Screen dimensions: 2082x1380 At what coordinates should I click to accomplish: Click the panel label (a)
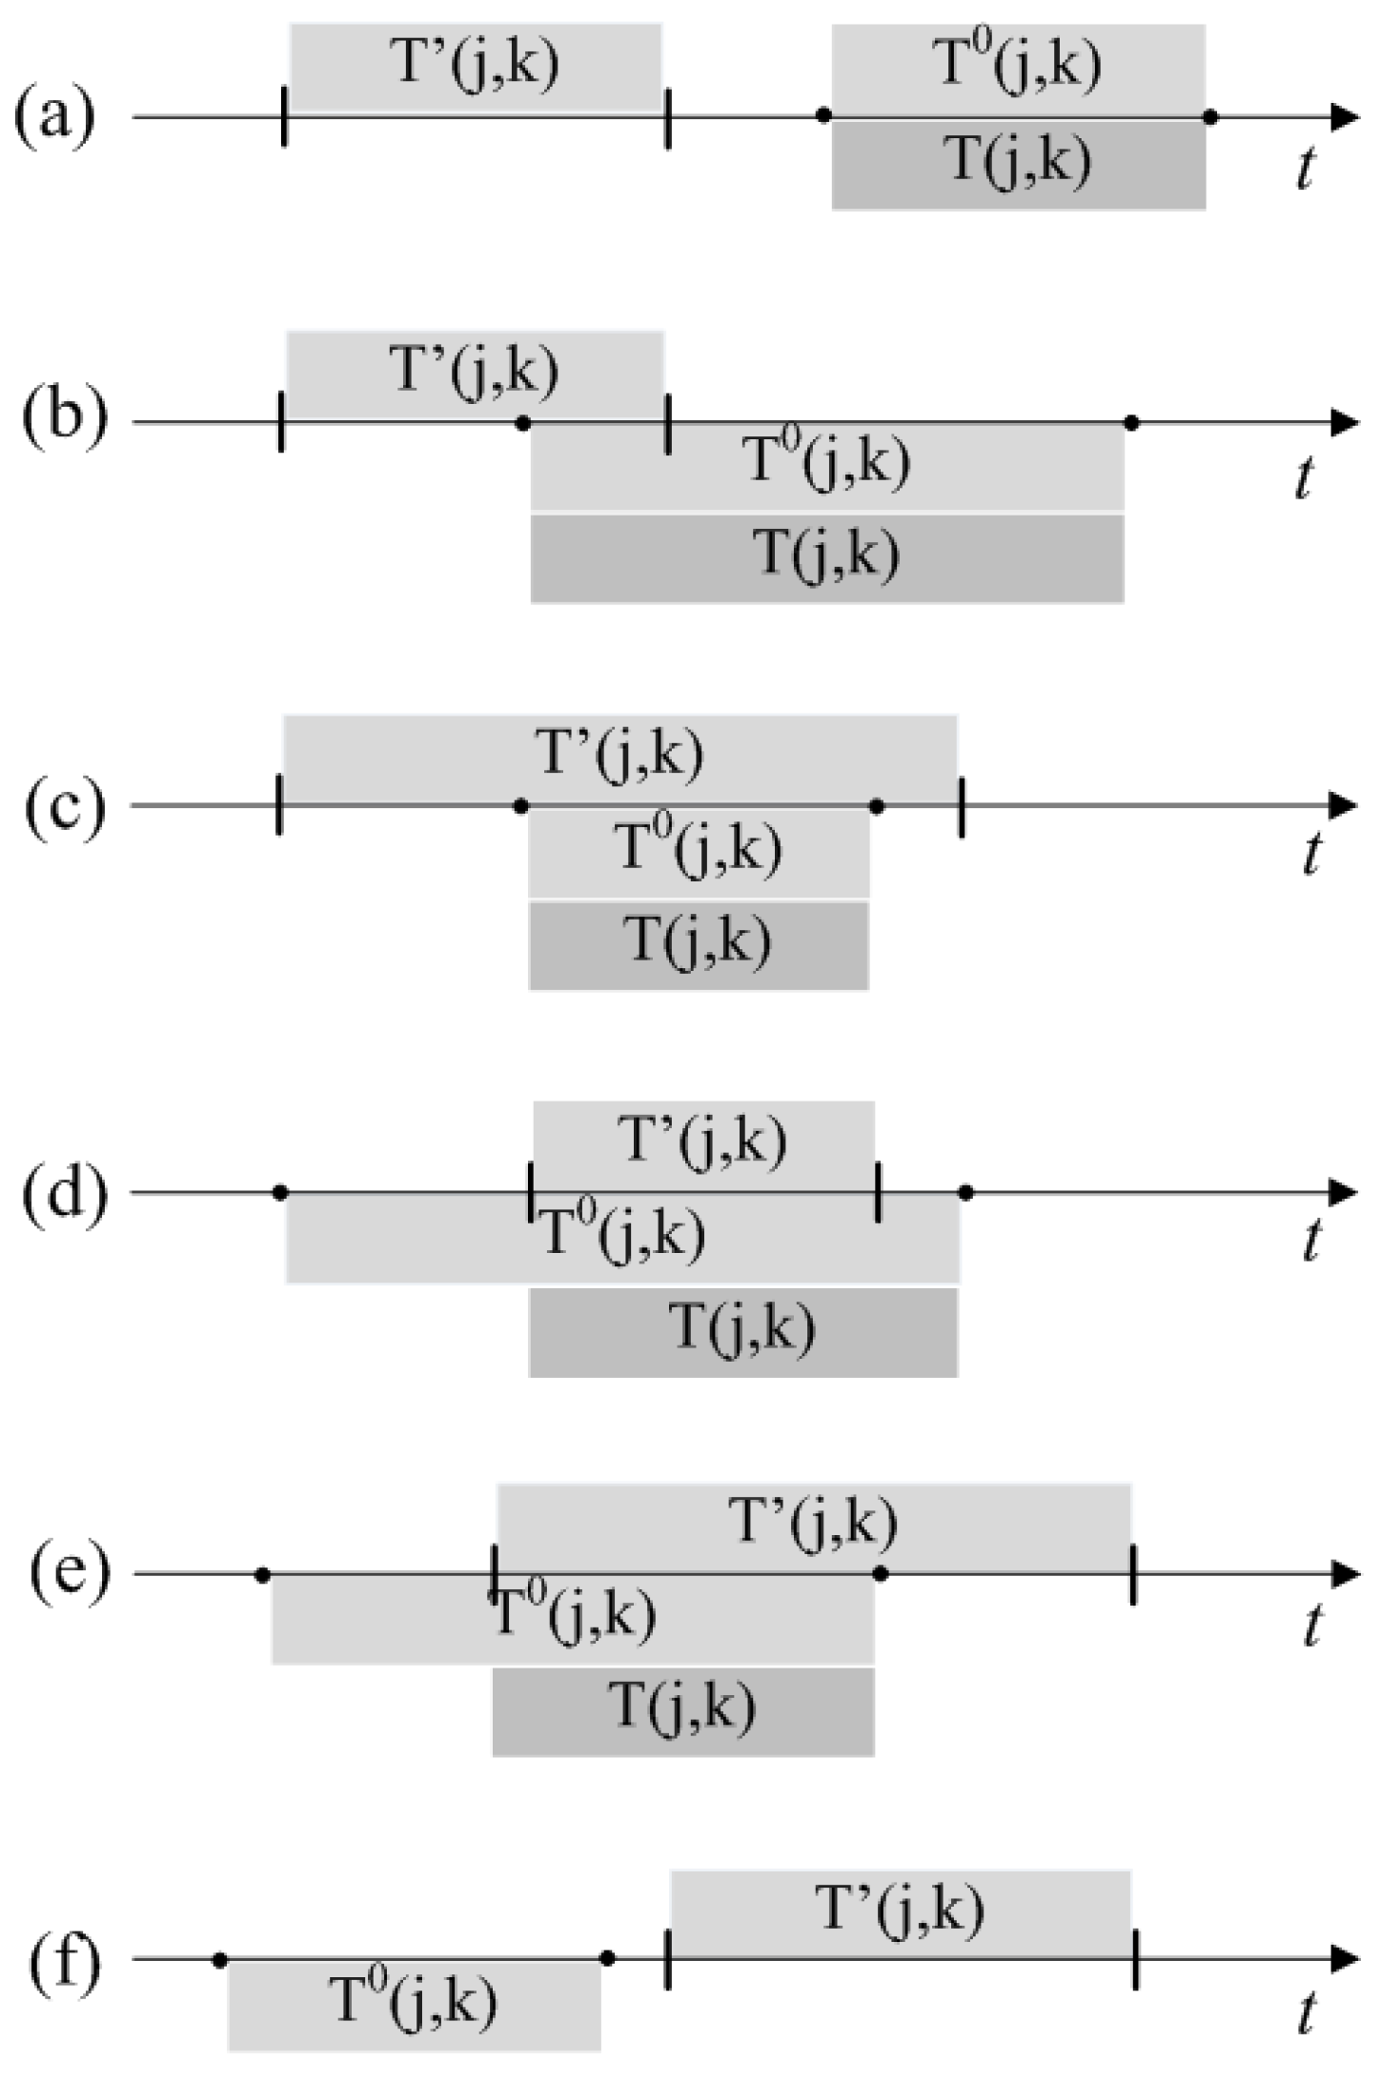click(x=54, y=117)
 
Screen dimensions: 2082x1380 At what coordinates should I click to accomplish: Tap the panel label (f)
click(x=64, y=1958)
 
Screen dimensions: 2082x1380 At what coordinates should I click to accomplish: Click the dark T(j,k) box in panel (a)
click(x=1018, y=165)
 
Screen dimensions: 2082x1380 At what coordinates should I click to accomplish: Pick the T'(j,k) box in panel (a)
click(x=476, y=67)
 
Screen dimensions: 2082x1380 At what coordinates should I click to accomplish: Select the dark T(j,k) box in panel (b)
click(x=826, y=558)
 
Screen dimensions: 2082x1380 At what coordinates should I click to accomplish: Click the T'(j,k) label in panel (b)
click(x=474, y=370)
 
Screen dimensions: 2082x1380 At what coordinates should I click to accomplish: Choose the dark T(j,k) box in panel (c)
click(x=699, y=944)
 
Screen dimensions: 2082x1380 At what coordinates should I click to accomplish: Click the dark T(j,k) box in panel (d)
click(x=742, y=1331)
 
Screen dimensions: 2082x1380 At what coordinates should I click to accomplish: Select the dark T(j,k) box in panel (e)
click(x=682, y=1711)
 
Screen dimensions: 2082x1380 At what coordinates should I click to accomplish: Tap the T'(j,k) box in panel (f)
click(x=901, y=1911)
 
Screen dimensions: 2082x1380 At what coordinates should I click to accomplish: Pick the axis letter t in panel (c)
click(x=1313, y=853)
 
